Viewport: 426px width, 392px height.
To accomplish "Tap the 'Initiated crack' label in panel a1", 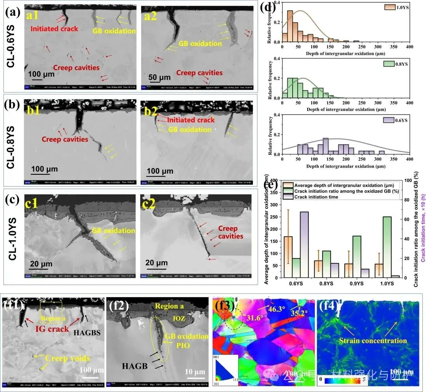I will tap(54, 28).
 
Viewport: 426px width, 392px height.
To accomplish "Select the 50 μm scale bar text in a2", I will tap(159, 78).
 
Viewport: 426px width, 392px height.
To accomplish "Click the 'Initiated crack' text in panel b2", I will tap(191, 120).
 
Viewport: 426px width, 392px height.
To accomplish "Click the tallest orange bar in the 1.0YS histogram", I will tap(289, 26).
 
